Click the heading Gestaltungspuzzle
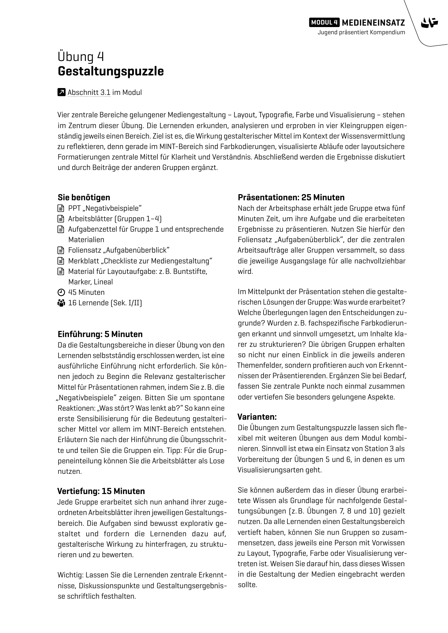[110, 71]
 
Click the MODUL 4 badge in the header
[324, 22]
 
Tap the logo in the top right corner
[429, 23]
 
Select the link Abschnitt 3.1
[89, 92]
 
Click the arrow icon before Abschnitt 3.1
[61, 92]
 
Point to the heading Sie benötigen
[84, 197]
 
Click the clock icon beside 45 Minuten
[61, 292]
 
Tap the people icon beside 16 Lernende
[61, 303]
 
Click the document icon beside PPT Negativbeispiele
[61, 208]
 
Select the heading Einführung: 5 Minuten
[100, 334]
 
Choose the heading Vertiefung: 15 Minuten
[101, 491]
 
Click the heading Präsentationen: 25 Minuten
[291, 197]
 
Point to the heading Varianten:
[257, 417]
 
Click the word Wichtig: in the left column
[70, 575]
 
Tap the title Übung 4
[81, 57]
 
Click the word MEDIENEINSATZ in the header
[373, 23]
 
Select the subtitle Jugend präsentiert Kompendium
[361, 32]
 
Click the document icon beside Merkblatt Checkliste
[61, 261]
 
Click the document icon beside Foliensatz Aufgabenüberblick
[61, 250]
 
